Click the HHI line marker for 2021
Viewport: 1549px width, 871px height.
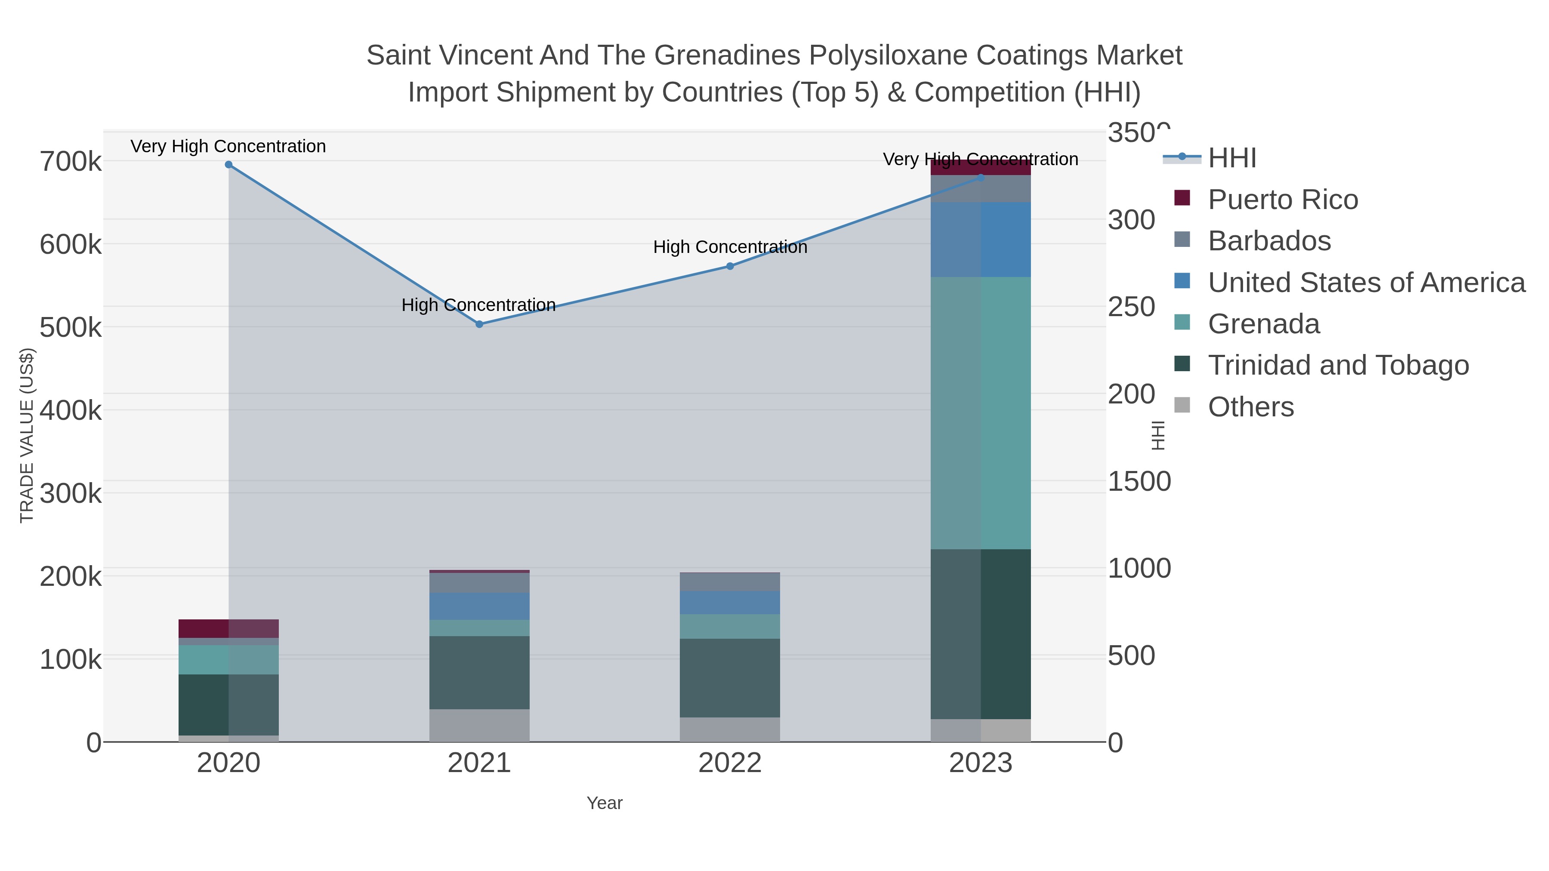[479, 324]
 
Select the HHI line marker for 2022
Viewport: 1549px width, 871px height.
[730, 266]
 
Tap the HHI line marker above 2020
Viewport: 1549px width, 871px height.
[228, 165]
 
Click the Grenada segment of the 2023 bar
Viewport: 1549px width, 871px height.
[981, 412]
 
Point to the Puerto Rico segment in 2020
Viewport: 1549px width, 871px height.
[228, 628]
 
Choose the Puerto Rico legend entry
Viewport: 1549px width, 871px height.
[1283, 200]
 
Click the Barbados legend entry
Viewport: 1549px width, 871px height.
[1269, 241]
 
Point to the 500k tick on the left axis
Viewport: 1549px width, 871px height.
[71, 328]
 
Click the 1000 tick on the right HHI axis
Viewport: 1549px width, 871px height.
[1139, 568]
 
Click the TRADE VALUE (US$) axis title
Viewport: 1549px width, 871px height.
[27, 435]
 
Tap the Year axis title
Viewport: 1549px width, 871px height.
[605, 803]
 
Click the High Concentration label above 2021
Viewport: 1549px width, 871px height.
[478, 305]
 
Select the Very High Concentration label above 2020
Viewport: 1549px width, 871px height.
[228, 147]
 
